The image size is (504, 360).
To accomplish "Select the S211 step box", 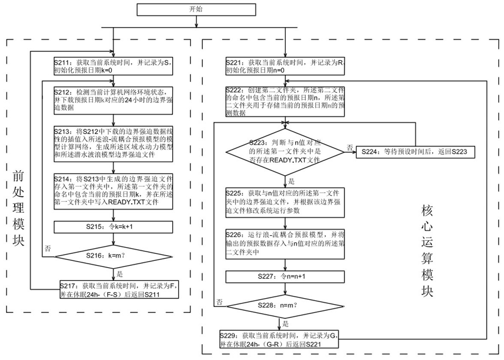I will tap(113, 65).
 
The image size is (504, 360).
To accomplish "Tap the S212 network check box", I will tap(113, 100).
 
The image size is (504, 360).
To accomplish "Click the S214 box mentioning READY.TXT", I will tap(113, 190).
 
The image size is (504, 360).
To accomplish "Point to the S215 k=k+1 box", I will tap(113, 227).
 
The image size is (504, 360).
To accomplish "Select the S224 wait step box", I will tap(414, 151).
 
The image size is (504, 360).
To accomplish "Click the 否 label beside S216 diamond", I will tap(48, 248).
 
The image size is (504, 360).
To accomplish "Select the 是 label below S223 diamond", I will tap(292, 181).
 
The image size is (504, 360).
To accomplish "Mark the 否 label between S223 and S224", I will tap(350, 147).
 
